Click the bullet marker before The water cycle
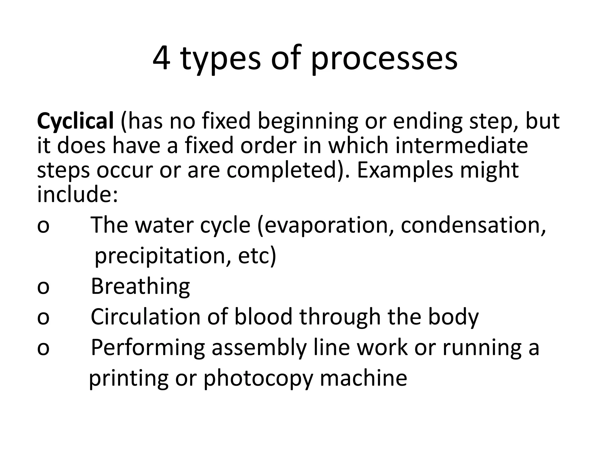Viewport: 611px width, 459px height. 43,226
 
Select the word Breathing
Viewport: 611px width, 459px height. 140,286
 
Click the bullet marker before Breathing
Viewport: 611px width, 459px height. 43,287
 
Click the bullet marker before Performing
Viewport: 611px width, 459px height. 43,348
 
